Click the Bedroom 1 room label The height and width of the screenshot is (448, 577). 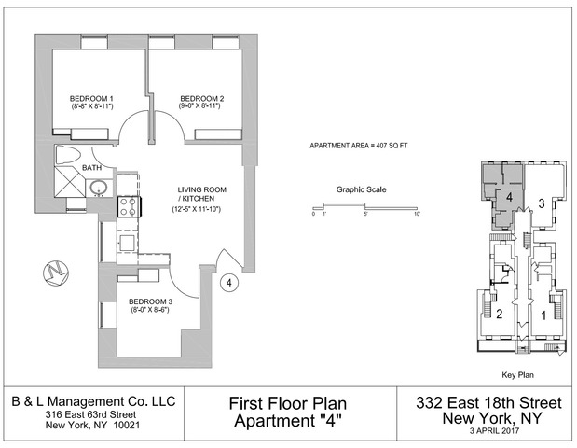[91, 99]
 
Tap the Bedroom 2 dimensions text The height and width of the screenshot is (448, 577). [199, 106]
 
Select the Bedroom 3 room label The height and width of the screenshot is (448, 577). [150, 301]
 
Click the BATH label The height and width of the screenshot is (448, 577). [92, 168]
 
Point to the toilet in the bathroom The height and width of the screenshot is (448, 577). [68, 155]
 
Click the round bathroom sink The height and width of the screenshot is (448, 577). [99, 188]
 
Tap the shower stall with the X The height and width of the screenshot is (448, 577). [70, 182]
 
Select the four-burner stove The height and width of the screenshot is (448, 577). [129, 206]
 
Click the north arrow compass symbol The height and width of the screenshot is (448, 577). [56, 273]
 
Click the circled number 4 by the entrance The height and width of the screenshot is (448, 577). [229, 283]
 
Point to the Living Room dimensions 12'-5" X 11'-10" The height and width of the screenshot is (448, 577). [197, 210]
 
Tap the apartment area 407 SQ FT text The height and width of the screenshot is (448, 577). [359, 146]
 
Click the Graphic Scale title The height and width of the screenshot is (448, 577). [362, 189]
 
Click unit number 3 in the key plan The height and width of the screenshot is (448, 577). [542, 203]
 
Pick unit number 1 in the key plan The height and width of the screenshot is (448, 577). [543, 315]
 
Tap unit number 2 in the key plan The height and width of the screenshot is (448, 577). [500, 314]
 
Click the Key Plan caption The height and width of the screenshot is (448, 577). [517, 375]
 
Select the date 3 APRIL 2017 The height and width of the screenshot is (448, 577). [494, 430]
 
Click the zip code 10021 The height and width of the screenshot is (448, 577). [127, 426]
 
